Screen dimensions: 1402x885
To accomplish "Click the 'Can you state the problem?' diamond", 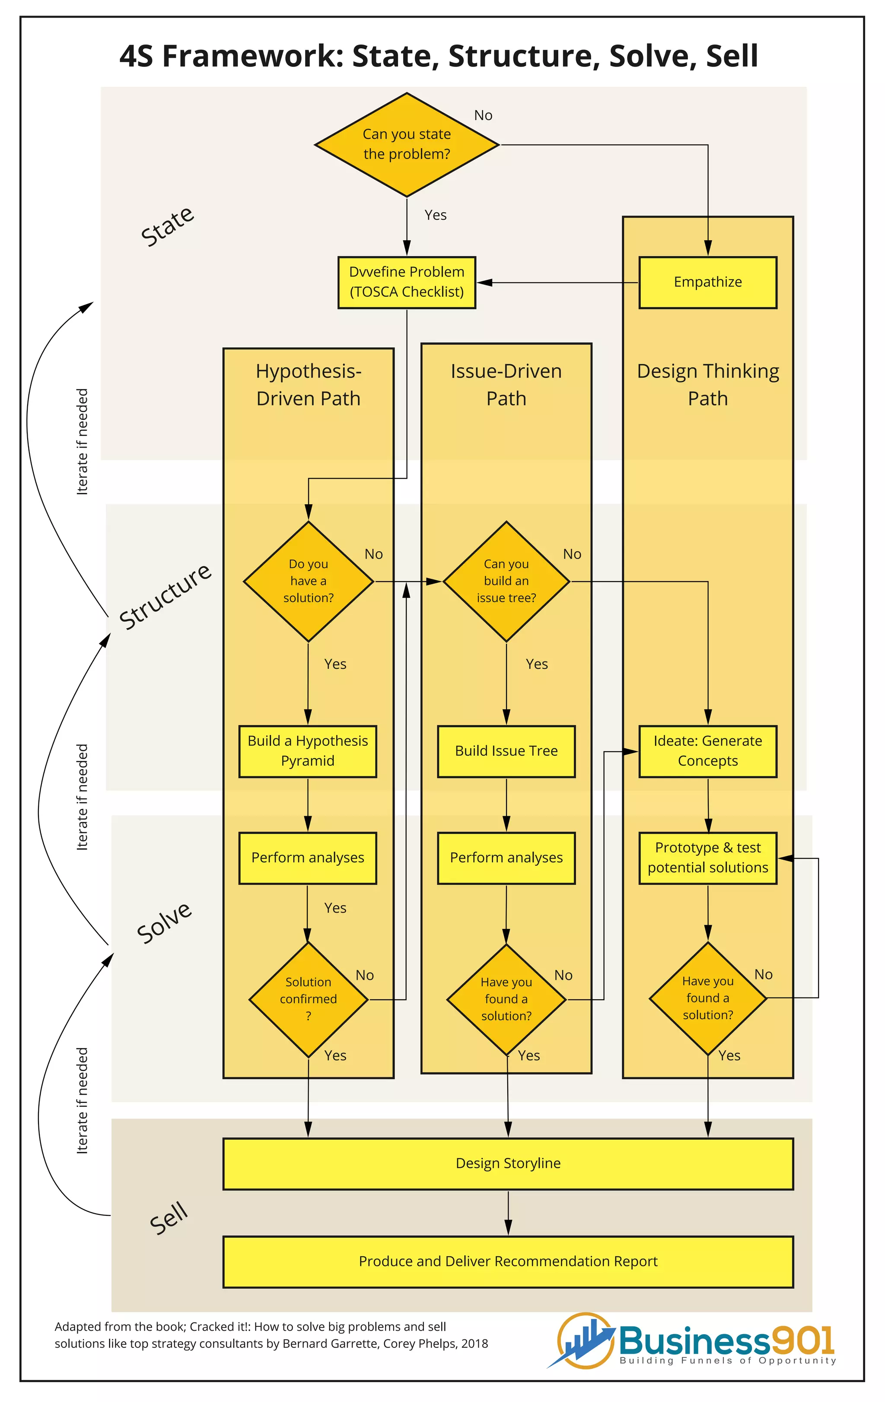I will click(406, 144).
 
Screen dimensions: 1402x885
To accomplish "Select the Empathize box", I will click(707, 283).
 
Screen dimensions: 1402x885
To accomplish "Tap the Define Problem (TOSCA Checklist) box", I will click(406, 283).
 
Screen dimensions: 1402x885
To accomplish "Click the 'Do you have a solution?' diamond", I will click(308, 581).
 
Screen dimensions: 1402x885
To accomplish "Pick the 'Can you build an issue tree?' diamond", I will click(506, 581).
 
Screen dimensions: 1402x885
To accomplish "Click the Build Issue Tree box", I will click(506, 751).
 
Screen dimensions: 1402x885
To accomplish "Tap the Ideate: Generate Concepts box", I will click(707, 751).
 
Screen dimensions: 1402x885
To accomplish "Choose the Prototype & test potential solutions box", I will click(707, 858).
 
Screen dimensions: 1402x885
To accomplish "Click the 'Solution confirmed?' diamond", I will click(308, 999).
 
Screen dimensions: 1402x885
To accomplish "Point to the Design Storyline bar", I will click(508, 1163).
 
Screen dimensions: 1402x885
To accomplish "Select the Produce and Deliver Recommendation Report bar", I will click(508, 1262).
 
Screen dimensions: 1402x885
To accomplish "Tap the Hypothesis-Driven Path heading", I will click(308, 385).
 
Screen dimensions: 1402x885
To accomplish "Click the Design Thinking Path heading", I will click(707, 385).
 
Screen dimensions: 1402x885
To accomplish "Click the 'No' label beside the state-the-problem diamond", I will click(483, 115).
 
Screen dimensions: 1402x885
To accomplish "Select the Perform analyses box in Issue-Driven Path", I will click(506, 858).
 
